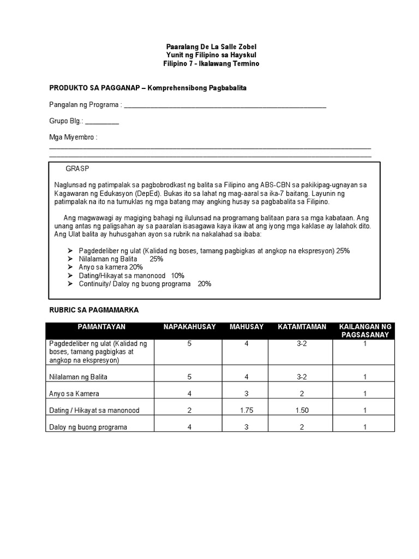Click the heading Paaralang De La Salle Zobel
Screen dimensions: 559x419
(210, 47)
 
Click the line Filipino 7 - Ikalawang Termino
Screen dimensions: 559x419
(210, 64)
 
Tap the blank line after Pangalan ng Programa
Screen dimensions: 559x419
(225, 106)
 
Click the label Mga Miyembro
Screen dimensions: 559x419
(73, 138)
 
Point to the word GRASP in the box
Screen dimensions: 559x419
(77, 169)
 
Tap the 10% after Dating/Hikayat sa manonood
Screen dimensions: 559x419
(177, 276)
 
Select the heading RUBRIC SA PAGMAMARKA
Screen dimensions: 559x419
(94, 310)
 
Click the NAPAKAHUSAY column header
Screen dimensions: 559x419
(189, 327)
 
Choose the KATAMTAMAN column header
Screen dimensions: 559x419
(302, 327)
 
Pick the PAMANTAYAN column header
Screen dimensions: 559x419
(101, 327)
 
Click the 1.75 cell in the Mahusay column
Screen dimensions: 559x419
(247, 410)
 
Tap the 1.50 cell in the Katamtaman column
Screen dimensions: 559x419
(302, 410)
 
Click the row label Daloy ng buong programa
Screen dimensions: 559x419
(88, 427)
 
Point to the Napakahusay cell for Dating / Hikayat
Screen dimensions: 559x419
(189, 410)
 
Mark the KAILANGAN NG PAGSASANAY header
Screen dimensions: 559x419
(365, 331)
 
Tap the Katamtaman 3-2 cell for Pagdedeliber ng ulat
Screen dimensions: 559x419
(302, 344)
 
